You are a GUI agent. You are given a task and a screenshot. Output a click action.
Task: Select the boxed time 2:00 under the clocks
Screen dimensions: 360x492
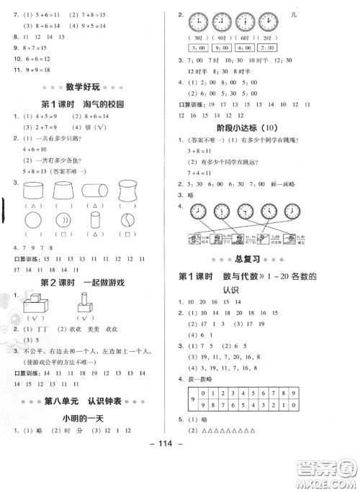pyautogui.click(x=268, y=47)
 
